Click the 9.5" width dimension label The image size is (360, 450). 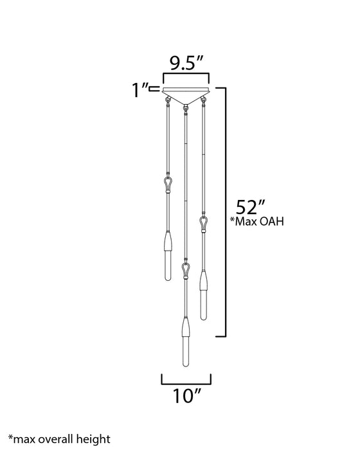point(186,64)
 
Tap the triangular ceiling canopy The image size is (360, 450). point(186,94)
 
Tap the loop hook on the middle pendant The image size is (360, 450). point(186,267)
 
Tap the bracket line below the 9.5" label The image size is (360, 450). point(186,76)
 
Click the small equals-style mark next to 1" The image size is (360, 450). point(155,90)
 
